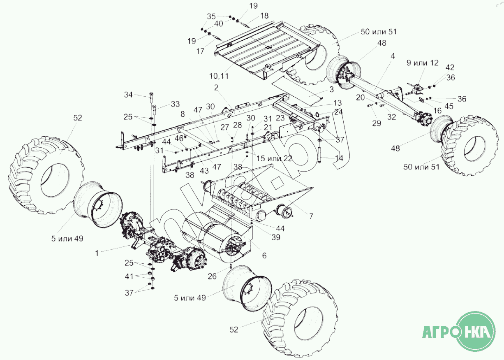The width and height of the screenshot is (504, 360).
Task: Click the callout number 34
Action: point(129,95)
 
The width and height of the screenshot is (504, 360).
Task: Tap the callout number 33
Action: point(175,104)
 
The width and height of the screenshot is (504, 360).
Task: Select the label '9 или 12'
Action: point(423,63)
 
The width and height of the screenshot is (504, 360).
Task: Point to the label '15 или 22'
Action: point(274,158)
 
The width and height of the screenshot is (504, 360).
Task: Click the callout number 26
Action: point(212,276)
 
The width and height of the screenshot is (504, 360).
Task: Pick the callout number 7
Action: point(311,216)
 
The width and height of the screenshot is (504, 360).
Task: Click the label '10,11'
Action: point(219,77)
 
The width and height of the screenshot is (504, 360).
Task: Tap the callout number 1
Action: point(97,253)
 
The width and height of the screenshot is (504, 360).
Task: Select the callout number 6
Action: point(264,255)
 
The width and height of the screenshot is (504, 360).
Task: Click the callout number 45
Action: point(449,106)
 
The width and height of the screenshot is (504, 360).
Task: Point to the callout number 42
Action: point(450,67)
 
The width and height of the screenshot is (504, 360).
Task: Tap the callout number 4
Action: point(393,56)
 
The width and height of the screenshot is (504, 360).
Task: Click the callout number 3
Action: point(332,89)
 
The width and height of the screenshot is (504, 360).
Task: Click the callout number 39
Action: point(276,237)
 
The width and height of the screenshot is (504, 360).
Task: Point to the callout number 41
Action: point(129,276)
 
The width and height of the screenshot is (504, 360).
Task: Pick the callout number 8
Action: point(183,114)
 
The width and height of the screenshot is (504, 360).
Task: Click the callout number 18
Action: point(264,16)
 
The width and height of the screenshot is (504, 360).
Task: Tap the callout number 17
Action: point(200,51)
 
